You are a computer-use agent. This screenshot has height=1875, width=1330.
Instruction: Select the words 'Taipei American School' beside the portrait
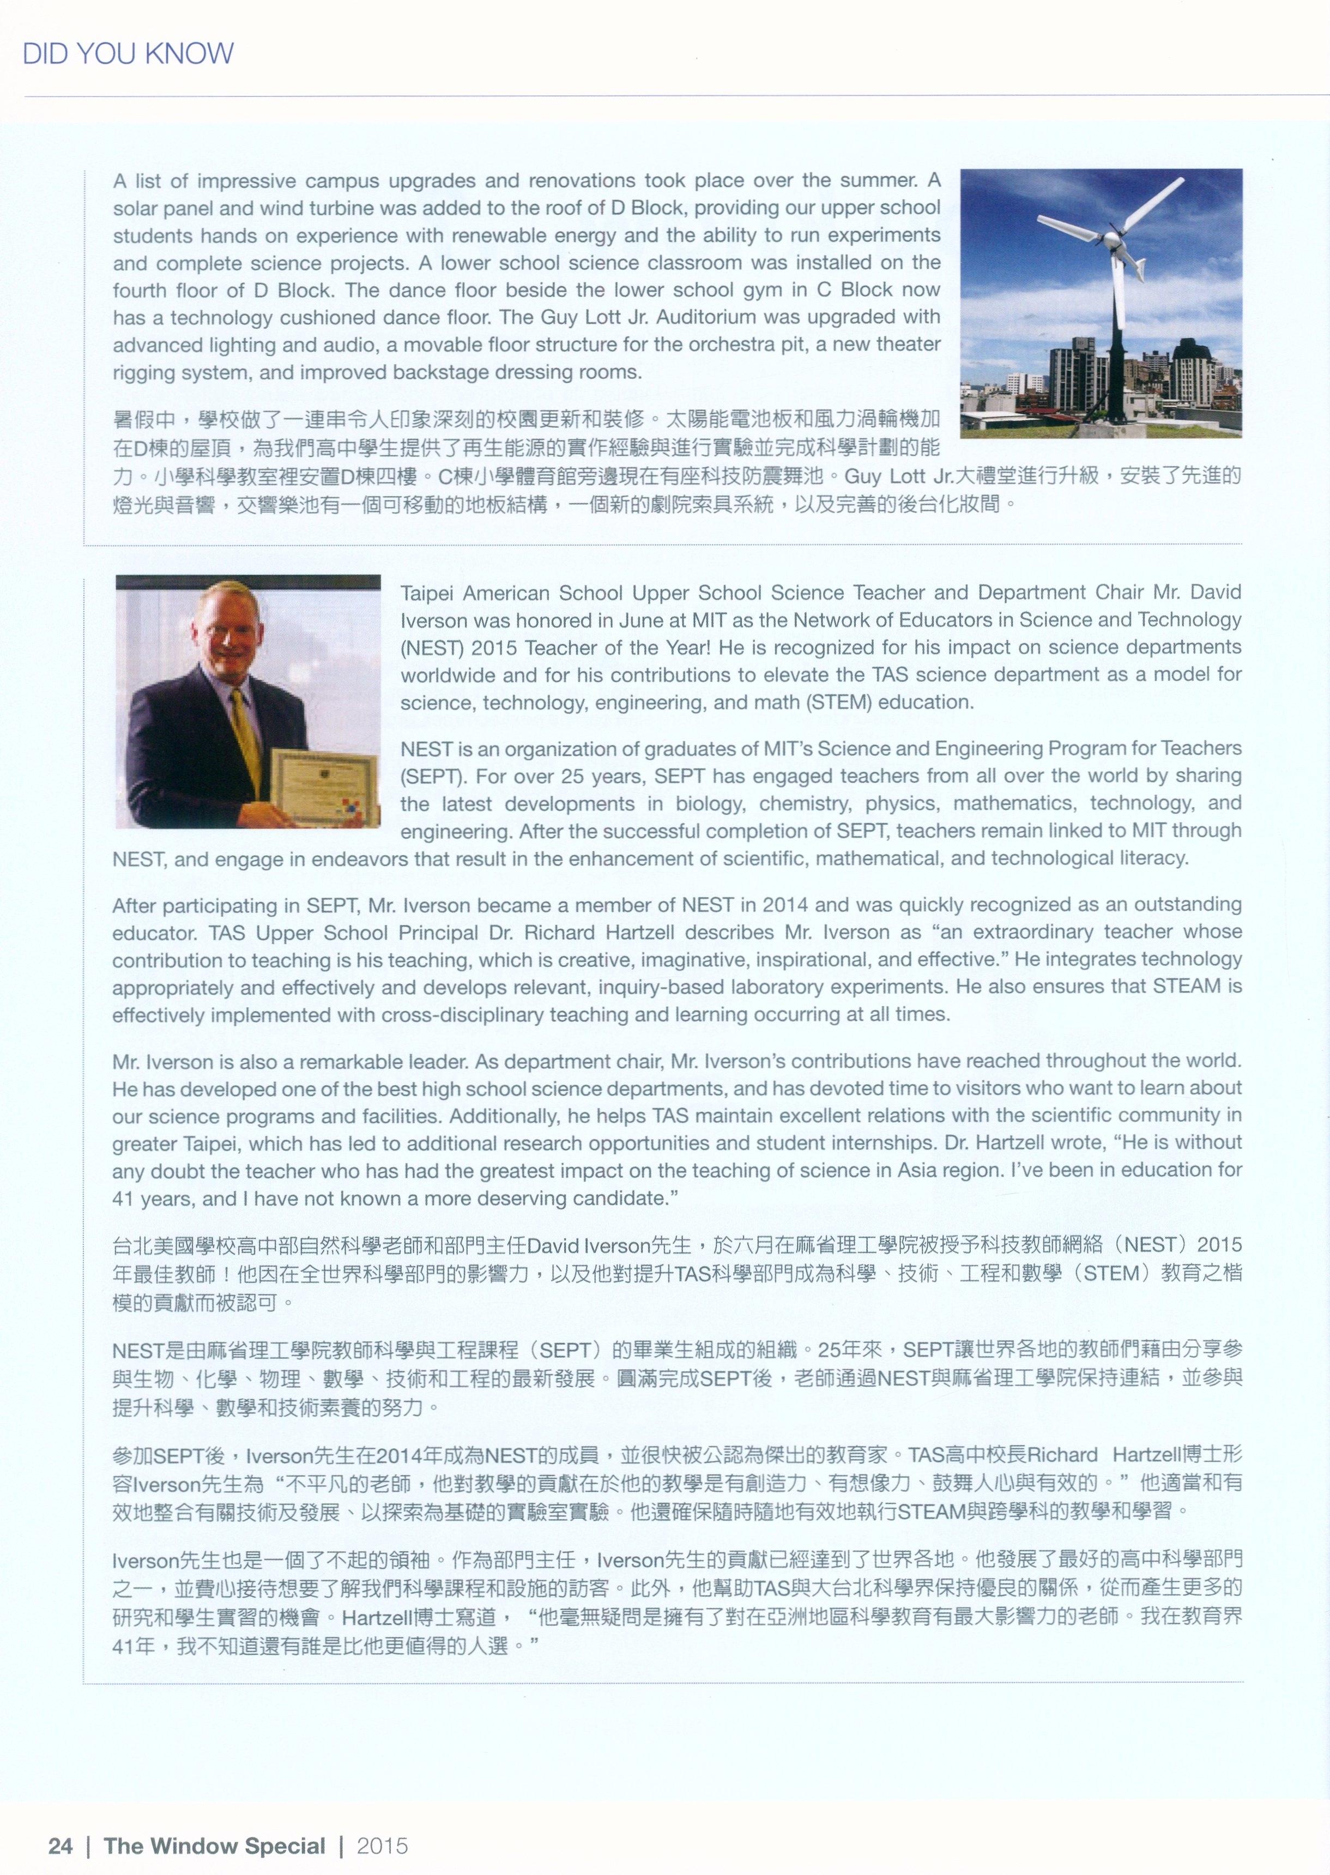pos(504,593)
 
